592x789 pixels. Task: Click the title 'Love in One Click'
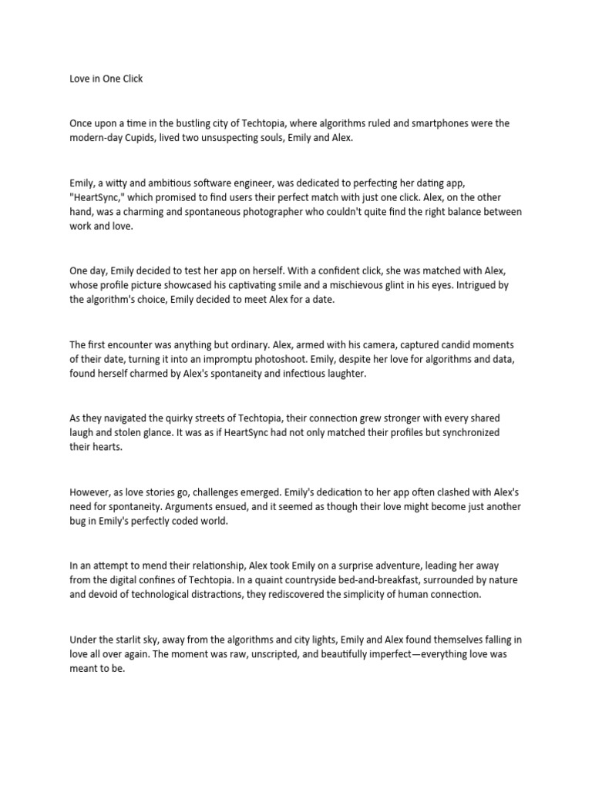pyautogui.click(x=106, y=79)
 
